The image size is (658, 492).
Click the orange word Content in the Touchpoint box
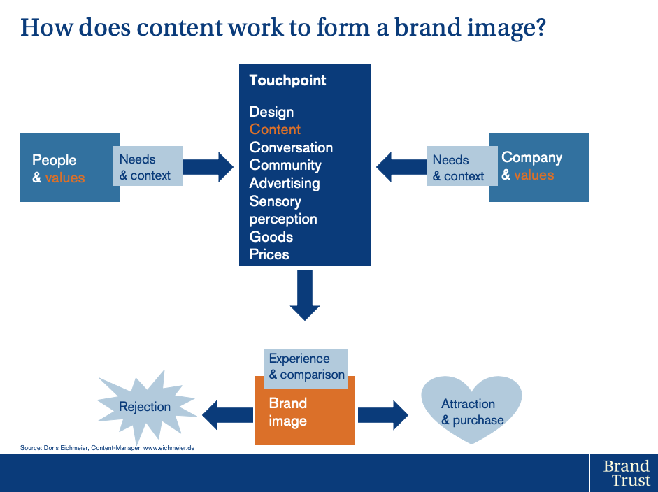[x=275, y=129]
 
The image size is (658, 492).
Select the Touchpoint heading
[x=287, y=80]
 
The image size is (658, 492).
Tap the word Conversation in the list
[x=291, y=147]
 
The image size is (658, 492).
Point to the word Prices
[x=269, y=254]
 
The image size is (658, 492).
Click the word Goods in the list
[x=271, y=236]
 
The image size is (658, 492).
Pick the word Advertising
[x=285, y=183]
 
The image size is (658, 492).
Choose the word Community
[x=285, y=165]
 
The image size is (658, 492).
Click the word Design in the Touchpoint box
[x=271, y=112]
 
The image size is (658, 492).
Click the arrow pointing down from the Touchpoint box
[x=305, y=296]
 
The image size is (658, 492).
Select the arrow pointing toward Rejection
[x=227, y=415]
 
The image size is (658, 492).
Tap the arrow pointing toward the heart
[x=382, y=415]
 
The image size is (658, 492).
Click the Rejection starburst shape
[x=145, y=407]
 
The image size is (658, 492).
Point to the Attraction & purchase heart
[x=472, y=410]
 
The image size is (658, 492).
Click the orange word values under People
[x=65, y=178]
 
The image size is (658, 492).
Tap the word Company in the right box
[x=531, y=158]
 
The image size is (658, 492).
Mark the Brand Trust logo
[x=626, y=472]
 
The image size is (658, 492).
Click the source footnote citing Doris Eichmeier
[x=108, y=448]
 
